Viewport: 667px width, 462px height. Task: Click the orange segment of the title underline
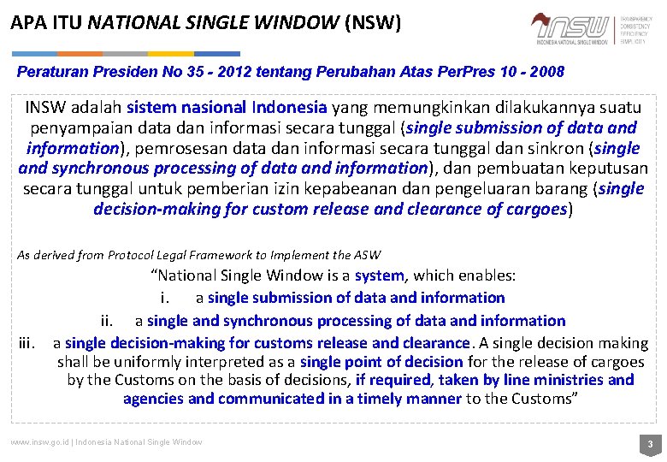tap(80, 53)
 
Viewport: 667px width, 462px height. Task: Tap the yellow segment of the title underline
tap(171, 53)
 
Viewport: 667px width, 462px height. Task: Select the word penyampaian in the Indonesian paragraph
tap(74, 128)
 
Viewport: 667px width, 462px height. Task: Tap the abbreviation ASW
tap(368, 255)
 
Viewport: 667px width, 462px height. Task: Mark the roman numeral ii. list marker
tap(108, 321)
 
